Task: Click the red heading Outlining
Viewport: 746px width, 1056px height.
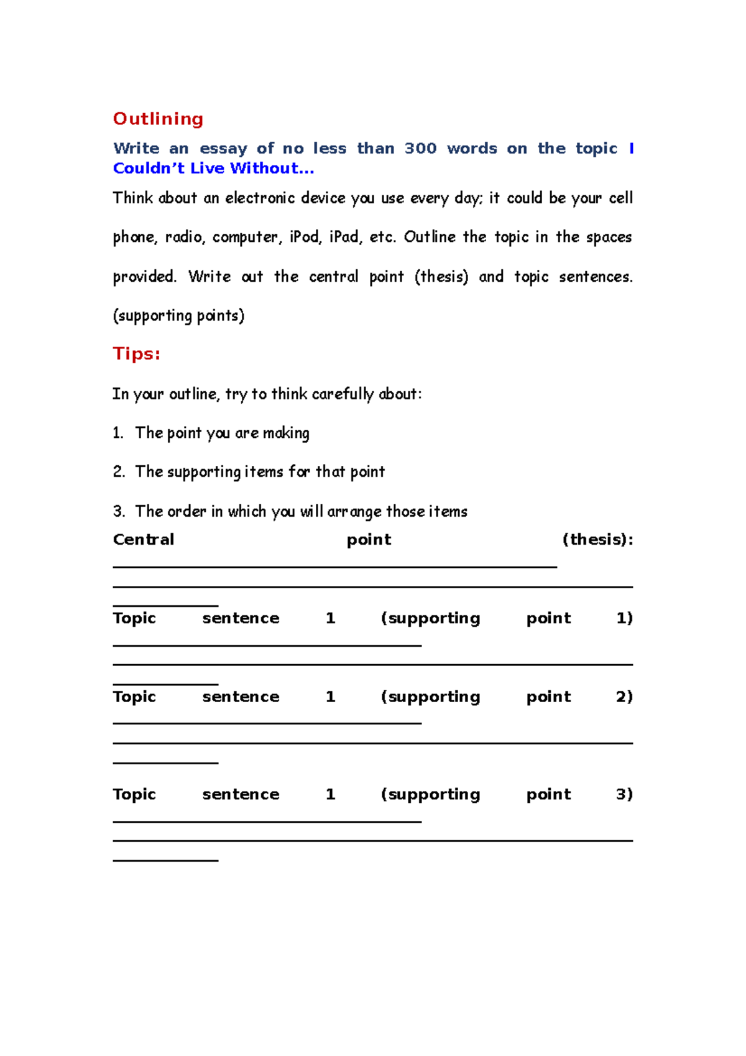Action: pos(158,119)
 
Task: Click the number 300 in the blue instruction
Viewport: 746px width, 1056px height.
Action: pos(420,149)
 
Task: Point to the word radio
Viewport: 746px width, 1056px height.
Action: pos(183,238)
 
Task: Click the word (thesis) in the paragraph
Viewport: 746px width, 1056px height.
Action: pos(441,277)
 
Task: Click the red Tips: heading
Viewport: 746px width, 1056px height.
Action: pos(137,354)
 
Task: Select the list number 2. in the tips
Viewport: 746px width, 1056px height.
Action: pos(119,472)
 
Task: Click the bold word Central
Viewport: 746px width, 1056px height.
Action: pos(144,540)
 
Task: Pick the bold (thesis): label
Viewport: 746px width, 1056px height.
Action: pos(597,540)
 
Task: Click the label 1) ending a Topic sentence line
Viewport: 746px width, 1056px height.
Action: pos(624,618)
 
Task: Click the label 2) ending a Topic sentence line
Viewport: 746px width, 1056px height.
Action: pos(624,697)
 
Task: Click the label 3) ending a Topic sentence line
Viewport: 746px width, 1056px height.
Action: pos(624,794)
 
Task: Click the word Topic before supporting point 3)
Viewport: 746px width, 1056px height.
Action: pos(134,794)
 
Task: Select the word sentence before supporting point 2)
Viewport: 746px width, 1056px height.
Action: pos(241,697)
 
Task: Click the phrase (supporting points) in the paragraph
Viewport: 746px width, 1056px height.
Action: pos(178,316)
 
